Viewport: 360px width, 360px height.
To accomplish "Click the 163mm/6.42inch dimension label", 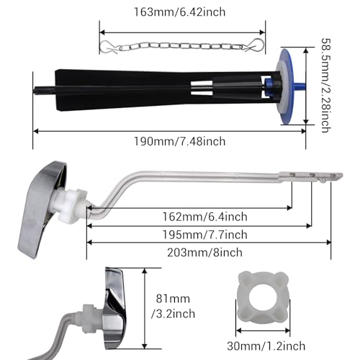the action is tap(179, 12).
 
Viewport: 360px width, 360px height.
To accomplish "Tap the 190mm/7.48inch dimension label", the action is tap(179, 141).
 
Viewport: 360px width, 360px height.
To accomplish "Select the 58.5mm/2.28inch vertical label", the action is tap(326, 86).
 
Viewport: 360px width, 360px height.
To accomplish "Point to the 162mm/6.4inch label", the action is tap(204, 217).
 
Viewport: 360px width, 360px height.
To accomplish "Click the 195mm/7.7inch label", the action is tap(204, 235).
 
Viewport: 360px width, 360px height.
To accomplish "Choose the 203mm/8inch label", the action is tap(204, 253).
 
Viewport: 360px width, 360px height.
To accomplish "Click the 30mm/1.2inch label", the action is tap(266, 346).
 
